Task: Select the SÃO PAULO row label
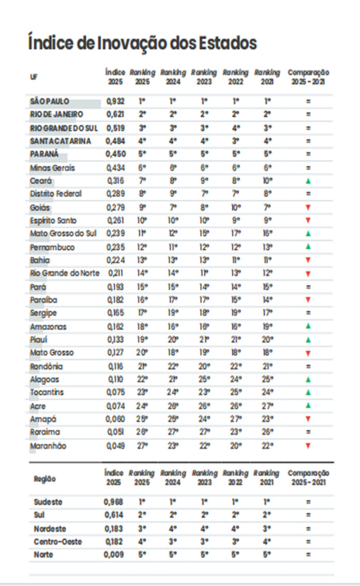[50, 101]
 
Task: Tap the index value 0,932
[115, 101]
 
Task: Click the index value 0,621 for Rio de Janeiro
[115, 114]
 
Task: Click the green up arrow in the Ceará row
[308, 181]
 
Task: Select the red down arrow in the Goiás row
[308, 207]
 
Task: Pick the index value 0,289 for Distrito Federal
[115, 194]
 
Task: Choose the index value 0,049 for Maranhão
[115, 446]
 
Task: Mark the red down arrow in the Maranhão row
[308, 446]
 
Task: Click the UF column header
[34, 77]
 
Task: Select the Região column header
[45, 479]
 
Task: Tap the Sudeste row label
[48, 502]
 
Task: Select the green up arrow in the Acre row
[308, 406]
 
